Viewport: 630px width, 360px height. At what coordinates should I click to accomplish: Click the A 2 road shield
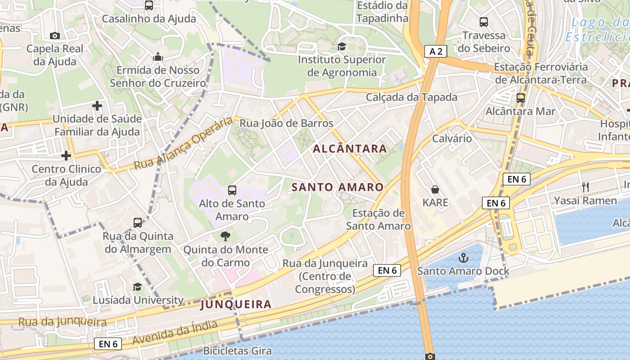436,51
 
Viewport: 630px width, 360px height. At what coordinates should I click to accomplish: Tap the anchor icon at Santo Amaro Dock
463,258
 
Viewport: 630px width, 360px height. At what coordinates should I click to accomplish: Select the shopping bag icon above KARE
435,189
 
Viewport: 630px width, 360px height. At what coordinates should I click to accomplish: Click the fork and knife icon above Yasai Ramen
585,187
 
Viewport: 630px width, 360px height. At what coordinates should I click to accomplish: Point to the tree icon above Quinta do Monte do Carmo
225,236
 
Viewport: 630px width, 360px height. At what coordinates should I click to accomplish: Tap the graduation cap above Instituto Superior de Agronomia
342,46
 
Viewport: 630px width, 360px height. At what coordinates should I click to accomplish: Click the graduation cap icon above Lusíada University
137,287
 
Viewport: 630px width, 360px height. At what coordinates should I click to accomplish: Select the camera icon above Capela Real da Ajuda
55,36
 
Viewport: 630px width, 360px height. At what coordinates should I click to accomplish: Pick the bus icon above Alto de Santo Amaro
232,190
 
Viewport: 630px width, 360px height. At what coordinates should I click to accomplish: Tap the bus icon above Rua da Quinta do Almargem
138,222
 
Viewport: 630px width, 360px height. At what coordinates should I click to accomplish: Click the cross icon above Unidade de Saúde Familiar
97,106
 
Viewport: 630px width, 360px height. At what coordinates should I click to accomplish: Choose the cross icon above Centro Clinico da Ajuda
66,156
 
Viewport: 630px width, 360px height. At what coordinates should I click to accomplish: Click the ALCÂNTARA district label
350,148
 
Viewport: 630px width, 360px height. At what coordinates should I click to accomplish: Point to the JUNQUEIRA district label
236,304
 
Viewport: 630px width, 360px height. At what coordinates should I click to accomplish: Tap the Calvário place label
452,138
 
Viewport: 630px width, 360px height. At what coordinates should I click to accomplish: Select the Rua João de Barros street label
286,123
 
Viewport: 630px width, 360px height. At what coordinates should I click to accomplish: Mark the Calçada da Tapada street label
411,97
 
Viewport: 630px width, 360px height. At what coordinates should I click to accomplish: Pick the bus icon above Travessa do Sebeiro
484,22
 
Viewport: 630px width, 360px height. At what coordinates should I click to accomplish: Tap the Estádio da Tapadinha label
382,12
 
